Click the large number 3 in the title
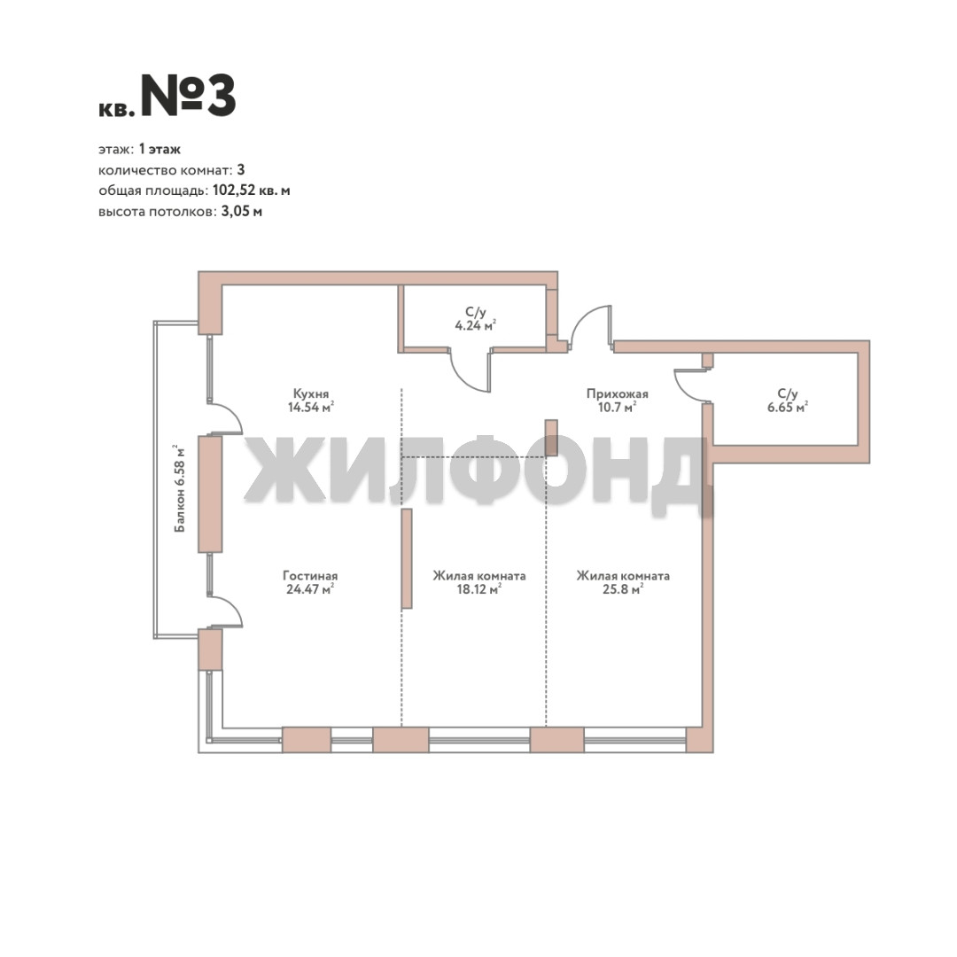(x=222, y=97)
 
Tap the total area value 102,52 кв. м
(x=251, y=191)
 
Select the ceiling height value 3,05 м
(x=242, y=212)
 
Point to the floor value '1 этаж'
(x=159, y=149)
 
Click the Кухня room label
(x=311, y=393)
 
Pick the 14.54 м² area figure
(x=311, y=407)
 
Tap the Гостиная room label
(x=310, y=576)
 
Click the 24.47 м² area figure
(x=310, y=589)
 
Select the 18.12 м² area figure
(x=479, y=589)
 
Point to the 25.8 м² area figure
(x=623, y=589)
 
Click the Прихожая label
(x=617, y=393)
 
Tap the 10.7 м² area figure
(x=617, y=407)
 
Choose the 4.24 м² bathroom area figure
(x=476, y=325)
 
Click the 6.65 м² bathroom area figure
(x=788, y=407)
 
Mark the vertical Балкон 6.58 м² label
(x=179, y=488)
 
